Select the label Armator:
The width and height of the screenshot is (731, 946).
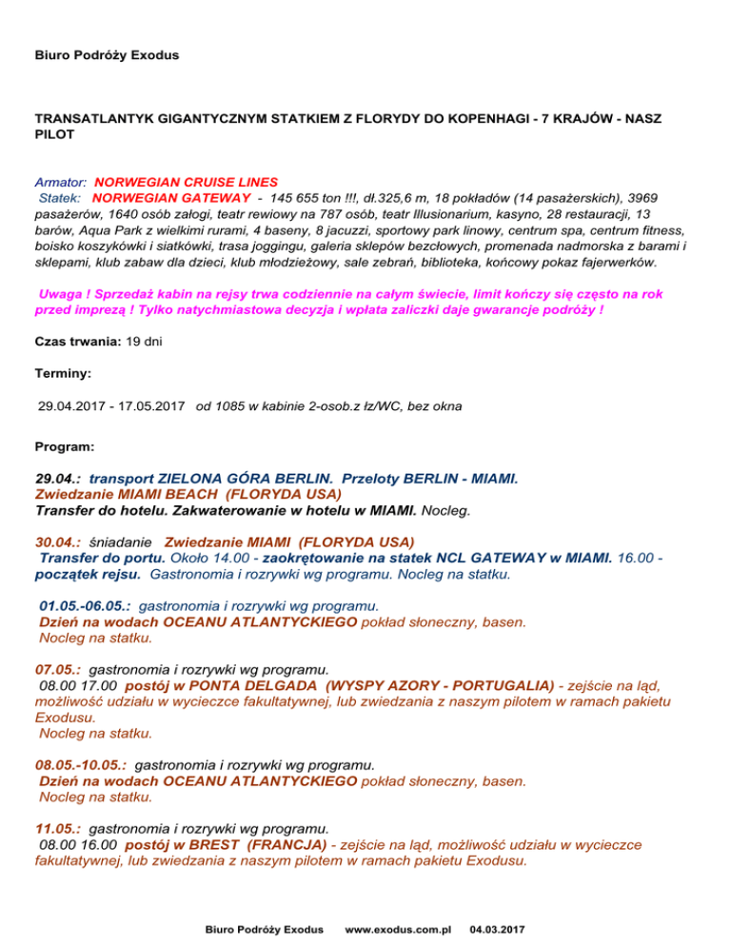tap(62, 180)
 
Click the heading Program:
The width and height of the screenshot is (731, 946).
tap(63, 445)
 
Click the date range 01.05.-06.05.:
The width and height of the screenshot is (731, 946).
tap(87, 604)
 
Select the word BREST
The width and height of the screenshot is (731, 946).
tap(217, 844)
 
